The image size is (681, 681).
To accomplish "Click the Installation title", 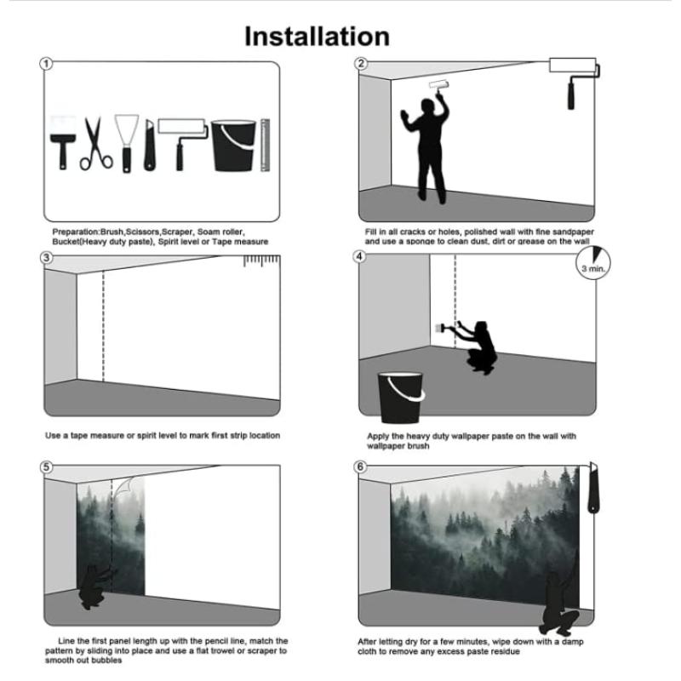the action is (x=317, y=36).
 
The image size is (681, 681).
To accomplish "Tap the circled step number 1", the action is (x=46, y=64).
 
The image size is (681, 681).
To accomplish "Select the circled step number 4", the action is (x=359, y=257).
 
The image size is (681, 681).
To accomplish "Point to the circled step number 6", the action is (x=360, y=466).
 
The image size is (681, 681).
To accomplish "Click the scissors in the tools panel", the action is (x=96, y=143).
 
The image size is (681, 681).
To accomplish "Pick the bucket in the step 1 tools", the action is (x=233, y=146).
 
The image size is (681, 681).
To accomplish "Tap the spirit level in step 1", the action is (x=265, y=145).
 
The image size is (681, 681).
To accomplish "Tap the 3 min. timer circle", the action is (x=593, y=263).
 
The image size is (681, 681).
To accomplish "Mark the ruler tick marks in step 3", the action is (x=261, y=260).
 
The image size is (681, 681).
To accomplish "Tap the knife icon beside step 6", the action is (x=593, y=488).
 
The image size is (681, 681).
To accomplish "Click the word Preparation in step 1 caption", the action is (x=76, y=232).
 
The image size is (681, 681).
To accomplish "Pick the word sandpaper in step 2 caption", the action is (x=573, y=232).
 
